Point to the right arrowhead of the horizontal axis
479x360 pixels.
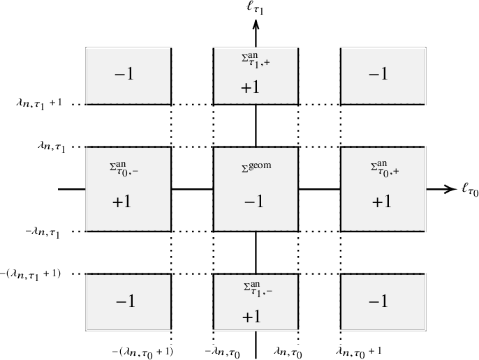[x=450, y=189]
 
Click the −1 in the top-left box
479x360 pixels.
[x=128, y=75]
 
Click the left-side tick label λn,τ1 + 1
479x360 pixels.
[x=38, y=103]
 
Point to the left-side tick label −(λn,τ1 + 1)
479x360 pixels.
[x=31, y=273]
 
